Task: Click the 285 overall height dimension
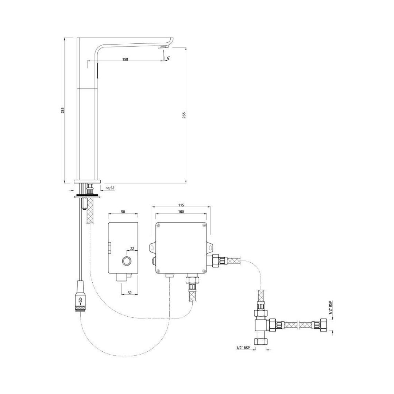(x=62, y=110)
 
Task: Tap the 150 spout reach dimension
(x=125, y=59)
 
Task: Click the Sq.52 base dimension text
(x=110, y=188)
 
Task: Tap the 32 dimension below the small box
(x=130, y=293)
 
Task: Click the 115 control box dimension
(x=181, y=205)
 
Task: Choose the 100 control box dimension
(x=181, y=212)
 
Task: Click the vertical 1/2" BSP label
(x=330, y=309)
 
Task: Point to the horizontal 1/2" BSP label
(x=243, y=348)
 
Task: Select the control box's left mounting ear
(x=151, y=247)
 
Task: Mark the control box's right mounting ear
(x=210, y=247)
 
